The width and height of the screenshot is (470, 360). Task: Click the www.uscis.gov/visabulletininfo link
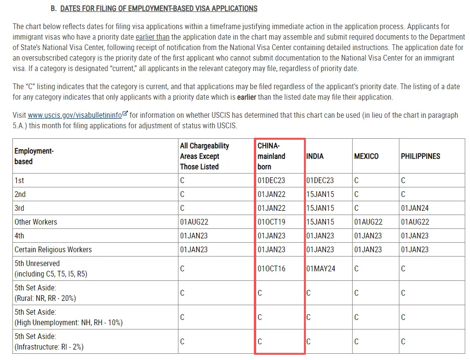[x=74, y=115]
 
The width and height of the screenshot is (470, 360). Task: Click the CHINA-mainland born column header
[x=272, y=156]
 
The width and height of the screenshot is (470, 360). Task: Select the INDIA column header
[x=315, y=156]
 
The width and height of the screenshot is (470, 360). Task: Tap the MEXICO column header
[x=366, y=156]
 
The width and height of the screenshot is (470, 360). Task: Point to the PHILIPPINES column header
[x=420, y=156]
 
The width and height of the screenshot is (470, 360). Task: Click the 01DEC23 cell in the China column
[x=272, y=181]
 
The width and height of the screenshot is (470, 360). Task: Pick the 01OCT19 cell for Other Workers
[x=272, y=222]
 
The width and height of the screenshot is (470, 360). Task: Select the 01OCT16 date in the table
[x=272, y=268]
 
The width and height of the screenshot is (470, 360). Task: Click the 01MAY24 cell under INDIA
[x=321, y=268]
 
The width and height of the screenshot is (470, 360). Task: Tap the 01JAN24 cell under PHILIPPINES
[x=415, y=208]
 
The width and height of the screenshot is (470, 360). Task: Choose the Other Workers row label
[x=36, y=222]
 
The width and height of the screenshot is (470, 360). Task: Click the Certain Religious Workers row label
[x=53, y=249]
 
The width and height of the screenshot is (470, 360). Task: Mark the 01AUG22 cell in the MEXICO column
[x=368, y=222]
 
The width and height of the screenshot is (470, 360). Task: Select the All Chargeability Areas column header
[x=204, y=156]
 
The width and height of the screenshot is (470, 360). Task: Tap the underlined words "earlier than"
[x=152, y=37]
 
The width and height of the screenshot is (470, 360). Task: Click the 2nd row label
[x=20, y=195]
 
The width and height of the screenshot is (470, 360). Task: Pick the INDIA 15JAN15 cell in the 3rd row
[x=320, y=208]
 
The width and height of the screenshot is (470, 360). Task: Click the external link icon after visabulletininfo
[x=125, y=114]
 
